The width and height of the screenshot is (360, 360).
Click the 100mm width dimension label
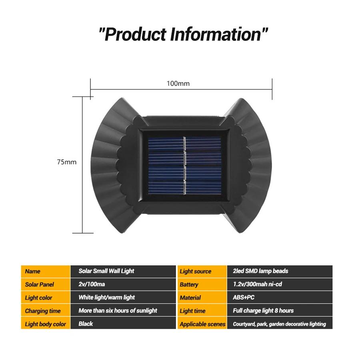tap(178, 84)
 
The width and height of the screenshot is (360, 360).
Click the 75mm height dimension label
tap(66, 162)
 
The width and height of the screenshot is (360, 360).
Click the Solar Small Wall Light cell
tap(106, 271)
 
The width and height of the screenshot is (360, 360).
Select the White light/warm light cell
tap(106, 297)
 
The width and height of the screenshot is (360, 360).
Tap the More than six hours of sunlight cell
tap(118, 310)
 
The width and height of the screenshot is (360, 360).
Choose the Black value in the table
tap(86, 324)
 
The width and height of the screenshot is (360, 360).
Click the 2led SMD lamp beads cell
tap(260, 271)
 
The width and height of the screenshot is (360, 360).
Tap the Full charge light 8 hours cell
tap(263, 310)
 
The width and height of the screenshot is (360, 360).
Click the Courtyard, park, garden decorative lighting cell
tap(279, 324)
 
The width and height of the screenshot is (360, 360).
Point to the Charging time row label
tap(43, 311)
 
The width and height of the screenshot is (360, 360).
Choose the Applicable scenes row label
tap(202, 324)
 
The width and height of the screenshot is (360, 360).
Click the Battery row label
tap(189, 285)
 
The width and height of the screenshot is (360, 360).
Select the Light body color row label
tap(45, 324)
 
